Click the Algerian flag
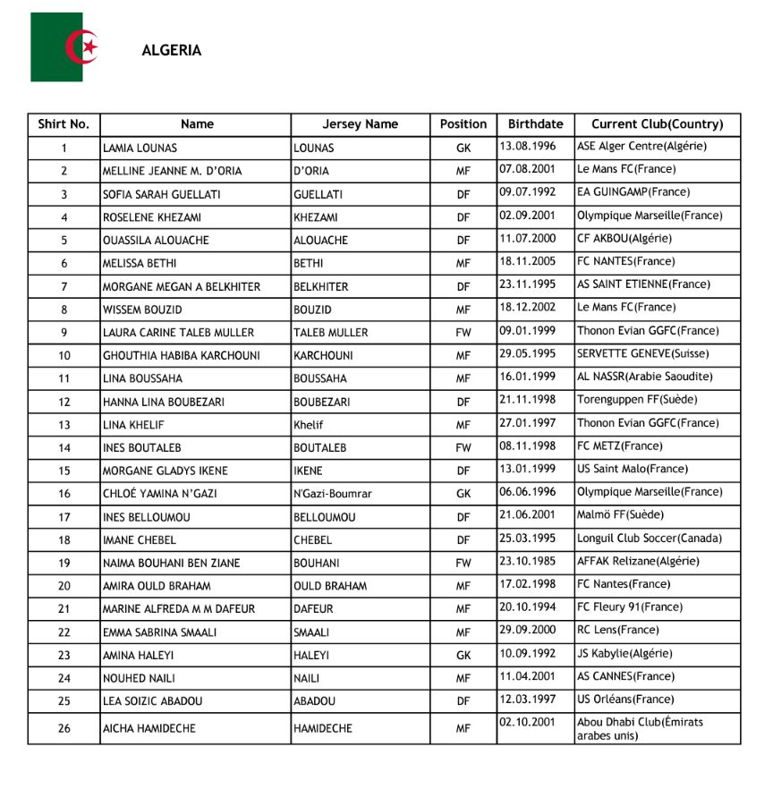[x=69, y=47]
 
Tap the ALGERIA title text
[x=172, y=51]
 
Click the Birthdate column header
[x=535, y=124]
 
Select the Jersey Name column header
[x=360, y=124]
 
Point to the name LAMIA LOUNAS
[x=140, y=148]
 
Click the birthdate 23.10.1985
[x=528, y=562]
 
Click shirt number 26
[x=64, y=728]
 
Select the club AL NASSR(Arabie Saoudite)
[x=645, y=378]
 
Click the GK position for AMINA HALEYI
[x=463, y=656]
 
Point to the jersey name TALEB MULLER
[x=331, y=333]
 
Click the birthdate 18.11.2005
[x=528, y=262]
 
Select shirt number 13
[x=64, y=425]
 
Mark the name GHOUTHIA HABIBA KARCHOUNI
[x=182, y=356]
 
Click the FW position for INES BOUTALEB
[x=463, y=448]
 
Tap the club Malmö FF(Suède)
[x=620, y=515]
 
